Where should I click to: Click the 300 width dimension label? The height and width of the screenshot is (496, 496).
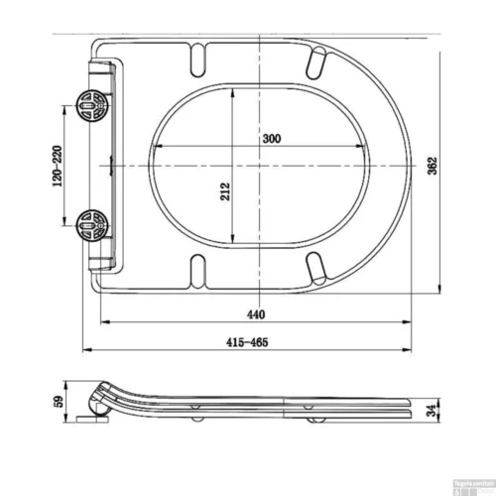(x=271, y=139)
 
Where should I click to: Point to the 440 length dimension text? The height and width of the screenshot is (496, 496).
(x=256, y=314)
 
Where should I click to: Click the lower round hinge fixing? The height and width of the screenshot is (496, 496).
(x=90, y=225)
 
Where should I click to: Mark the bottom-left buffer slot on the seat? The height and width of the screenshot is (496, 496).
(x=197, y=267)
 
